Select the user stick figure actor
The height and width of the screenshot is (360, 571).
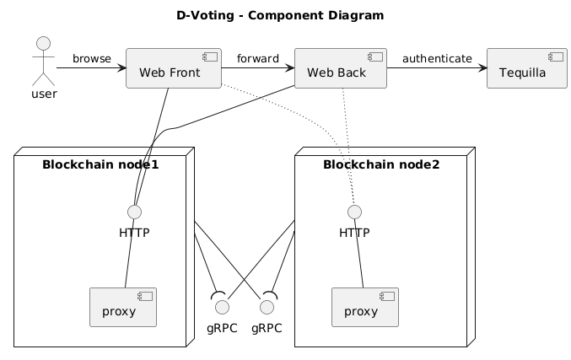44,60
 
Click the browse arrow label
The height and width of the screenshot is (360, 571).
91,58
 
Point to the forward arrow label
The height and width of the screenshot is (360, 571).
257,58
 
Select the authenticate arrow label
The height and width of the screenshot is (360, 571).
437,58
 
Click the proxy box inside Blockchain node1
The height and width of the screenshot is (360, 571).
123,308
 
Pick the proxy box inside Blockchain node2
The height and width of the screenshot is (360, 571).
365,308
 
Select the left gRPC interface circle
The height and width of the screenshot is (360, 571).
223,306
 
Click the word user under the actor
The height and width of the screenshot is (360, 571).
44,93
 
